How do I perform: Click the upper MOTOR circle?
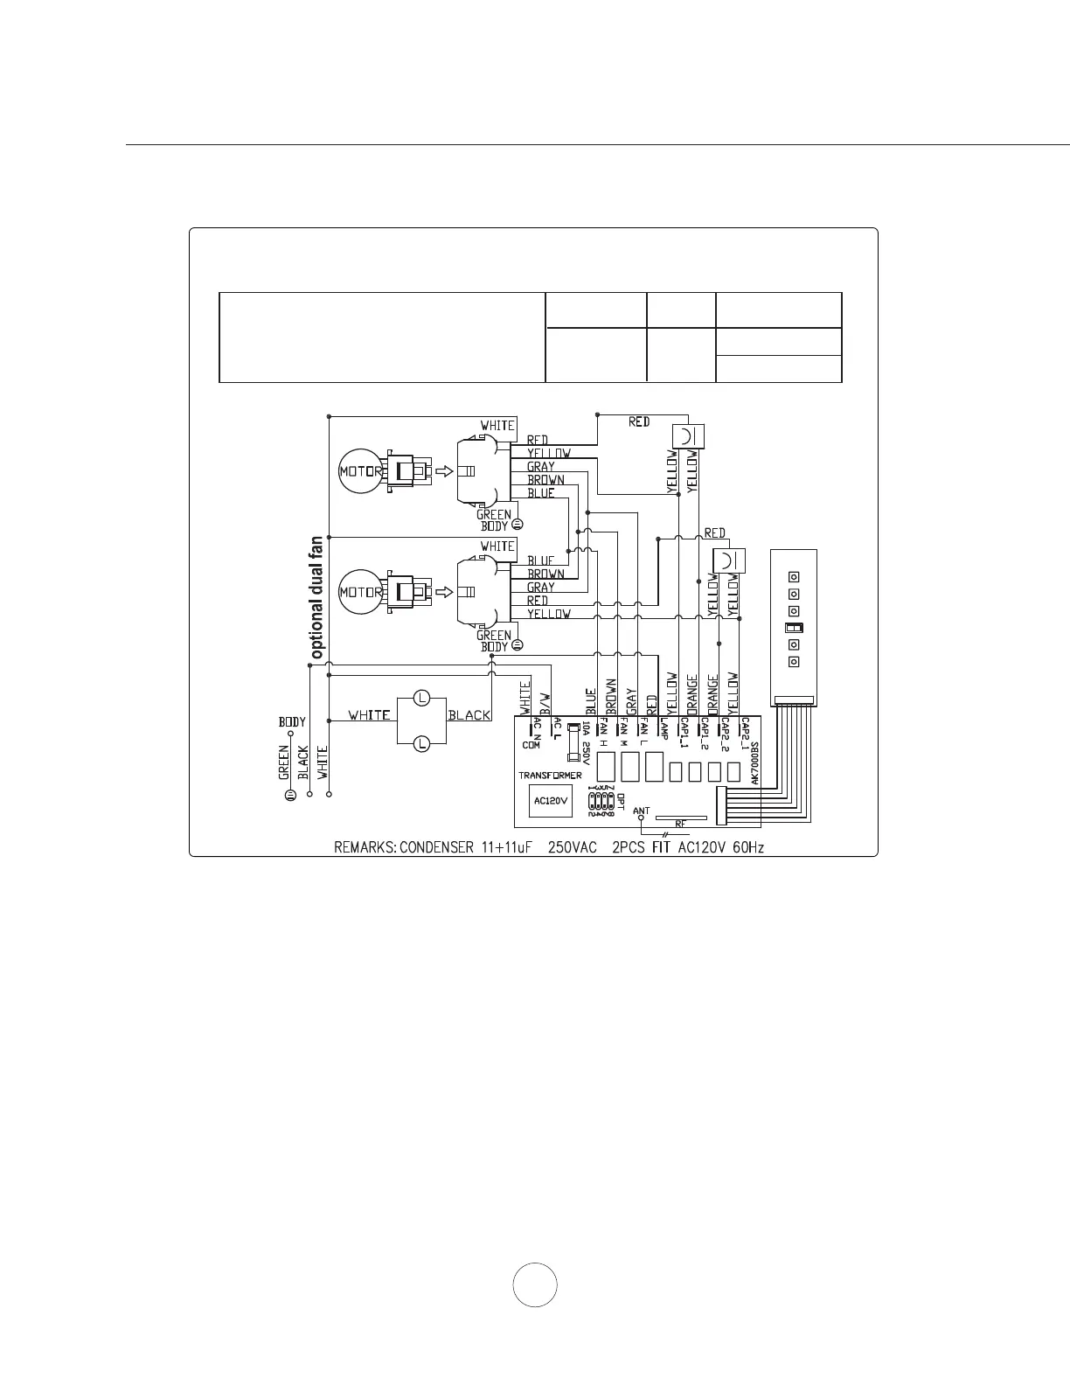coord(360,471)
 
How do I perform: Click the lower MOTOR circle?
coord(360,592)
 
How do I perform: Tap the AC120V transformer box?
coord(551,800)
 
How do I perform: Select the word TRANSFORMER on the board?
coord(550,776)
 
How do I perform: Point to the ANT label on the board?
coord(641,811)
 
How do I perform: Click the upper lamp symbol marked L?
coord(421,698)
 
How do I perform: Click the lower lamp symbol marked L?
coord(421,743)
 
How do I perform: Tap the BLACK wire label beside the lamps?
coord(469,715)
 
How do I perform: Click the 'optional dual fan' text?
coord(316,598)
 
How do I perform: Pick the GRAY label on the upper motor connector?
coord(540,467)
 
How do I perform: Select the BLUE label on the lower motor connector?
coord(540,560)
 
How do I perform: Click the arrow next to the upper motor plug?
coord(444,471)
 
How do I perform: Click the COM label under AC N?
coord(532,745)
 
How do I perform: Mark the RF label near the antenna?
coord(679,825)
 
